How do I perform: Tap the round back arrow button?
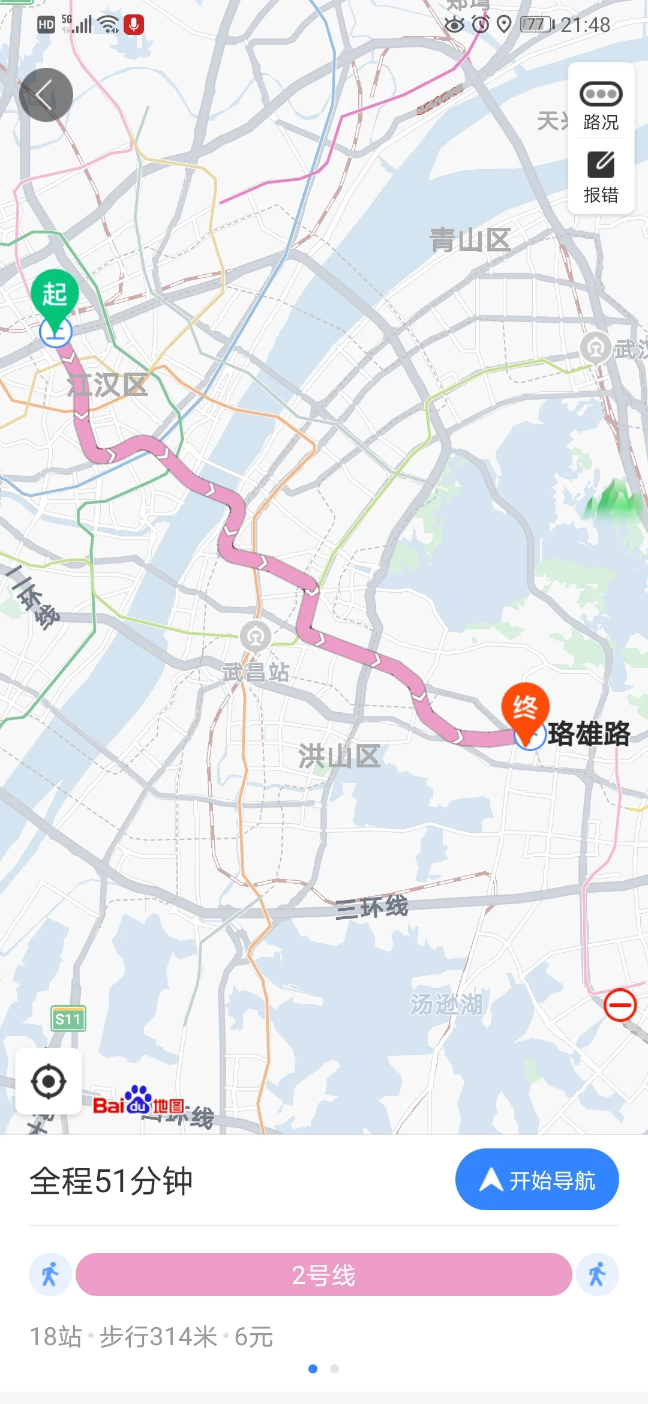tap(46, 95)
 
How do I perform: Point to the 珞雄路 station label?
tap(589, 733)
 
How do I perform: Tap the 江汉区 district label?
tap(107, 385)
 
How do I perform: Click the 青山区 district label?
tap(470, 240)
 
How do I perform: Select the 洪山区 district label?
tap(340, 755)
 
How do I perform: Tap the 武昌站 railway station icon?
tap(256, 636)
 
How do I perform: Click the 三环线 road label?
tap(372, 907)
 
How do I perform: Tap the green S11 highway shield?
tap(68, 1019)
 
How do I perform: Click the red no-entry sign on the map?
tap(620, 1005)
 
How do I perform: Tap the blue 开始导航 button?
tap(537, 1180)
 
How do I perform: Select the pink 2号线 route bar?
tap(323, 1274)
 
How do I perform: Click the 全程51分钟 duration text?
tap(112, 1181)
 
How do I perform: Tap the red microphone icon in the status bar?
tap(134, 25)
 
